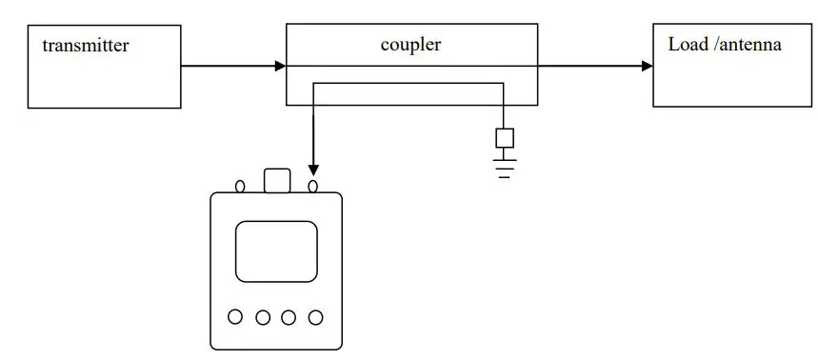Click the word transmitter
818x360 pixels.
[x=85, y=45]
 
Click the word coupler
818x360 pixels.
[x=411, y=44]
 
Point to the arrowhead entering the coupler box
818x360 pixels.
[x=280, y=66]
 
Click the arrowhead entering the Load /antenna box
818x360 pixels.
[x=648, y=66]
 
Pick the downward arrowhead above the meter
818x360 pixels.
[x=313, y=170]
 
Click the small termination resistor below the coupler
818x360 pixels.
[x=505, y=138]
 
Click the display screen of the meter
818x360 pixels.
[x=276, y=251]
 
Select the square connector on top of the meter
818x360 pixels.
[x=276, y=181]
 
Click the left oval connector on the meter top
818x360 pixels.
[x=240, y=186]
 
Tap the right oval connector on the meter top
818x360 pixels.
[x=312, y=186]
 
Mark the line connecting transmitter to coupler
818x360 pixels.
[x=229, y=66]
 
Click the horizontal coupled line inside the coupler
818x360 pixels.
[x=409, y=84]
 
